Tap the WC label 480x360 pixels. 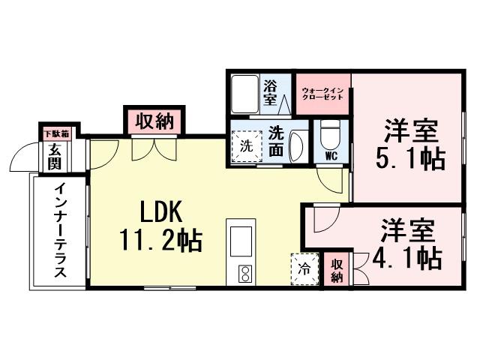[330, 157]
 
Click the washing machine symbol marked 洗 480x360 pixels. [245, 145]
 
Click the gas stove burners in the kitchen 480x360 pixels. [244, 274]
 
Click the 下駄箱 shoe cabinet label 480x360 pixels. [56, 133]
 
